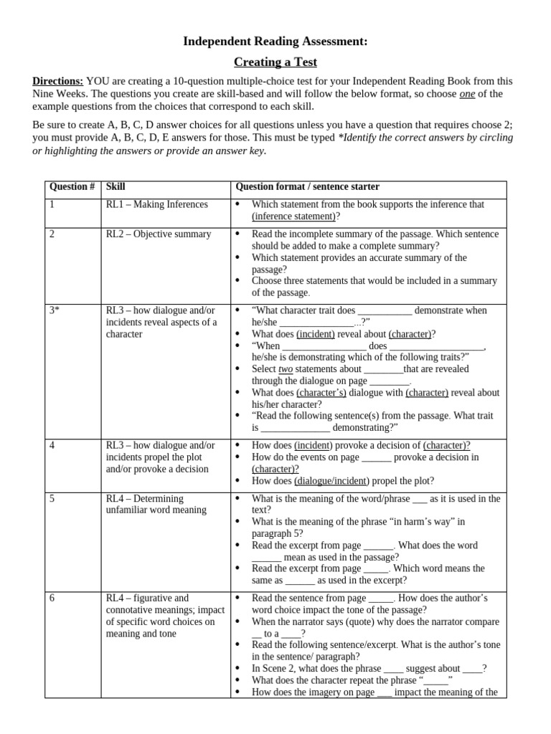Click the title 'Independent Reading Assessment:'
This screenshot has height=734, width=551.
[x=275, y=42]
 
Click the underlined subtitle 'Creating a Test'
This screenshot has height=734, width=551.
[x=275, y=62]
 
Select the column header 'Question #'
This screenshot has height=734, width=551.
[x=72, y=186]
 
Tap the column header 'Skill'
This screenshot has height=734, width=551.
[x=116, y=186]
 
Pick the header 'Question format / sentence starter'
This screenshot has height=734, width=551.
[x=308, y=186]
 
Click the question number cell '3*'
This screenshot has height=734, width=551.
[x=54, y=310]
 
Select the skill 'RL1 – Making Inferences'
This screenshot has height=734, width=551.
[x=156, y=204]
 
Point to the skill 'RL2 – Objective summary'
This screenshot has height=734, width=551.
[x=159, y=234]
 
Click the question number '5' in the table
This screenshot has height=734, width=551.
[x=52, y=498]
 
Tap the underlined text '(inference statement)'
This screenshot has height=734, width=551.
[x=293, y=216]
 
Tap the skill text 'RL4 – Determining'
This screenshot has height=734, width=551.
[x=145, y=498]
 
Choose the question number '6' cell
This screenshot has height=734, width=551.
[x=52, y=598]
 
